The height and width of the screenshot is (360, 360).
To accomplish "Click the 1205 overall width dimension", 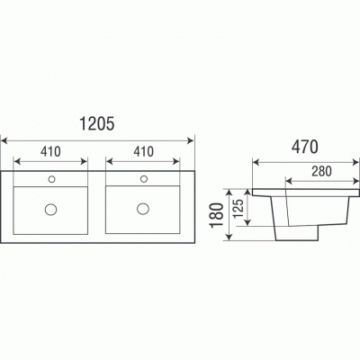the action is [x=96, y=123].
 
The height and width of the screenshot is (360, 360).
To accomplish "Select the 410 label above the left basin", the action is [x=50, y=152].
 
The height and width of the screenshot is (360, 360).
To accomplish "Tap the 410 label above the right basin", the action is [x=144, y=152].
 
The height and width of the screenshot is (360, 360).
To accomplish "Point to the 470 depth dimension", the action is [x=305, y=148].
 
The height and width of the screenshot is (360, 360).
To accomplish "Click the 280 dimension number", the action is [x=321, y=171].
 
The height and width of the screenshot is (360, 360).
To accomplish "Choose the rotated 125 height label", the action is [x=238, y=209].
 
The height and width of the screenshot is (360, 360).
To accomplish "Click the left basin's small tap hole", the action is [x=51, y=179].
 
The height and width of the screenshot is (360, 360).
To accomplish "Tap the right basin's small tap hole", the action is [x=144, y=179].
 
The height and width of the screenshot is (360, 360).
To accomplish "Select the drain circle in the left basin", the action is [x=51, y=209].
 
